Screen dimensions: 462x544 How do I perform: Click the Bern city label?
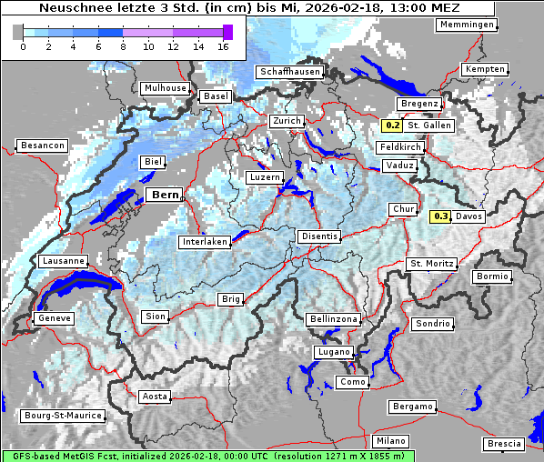coord(166,195)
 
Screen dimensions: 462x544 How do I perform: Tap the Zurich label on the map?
coord(287,121)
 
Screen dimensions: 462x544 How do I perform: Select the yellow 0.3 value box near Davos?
coord(440,216)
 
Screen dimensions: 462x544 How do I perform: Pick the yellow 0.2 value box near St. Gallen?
coord(392,126)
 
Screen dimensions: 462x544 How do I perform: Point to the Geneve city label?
coord(54,318)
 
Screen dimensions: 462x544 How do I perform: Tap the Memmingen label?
coord(467,25)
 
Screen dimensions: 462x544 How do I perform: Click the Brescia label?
coord(504,444)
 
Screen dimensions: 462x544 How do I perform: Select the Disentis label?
coord(319,236)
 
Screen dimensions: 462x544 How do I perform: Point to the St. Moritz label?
coord(431,264)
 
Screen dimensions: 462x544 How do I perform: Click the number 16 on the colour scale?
coord(224,46)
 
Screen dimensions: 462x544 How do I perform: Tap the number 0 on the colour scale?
coord(22,46)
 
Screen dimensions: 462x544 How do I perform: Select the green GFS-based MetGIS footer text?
coord(207,456)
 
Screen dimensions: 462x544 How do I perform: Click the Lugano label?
coord(333,352)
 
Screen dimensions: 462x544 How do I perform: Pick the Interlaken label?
coord(205,242)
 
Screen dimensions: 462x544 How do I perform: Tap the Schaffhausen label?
coord(289,72)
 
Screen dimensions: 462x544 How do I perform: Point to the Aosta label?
coord(154,397)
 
